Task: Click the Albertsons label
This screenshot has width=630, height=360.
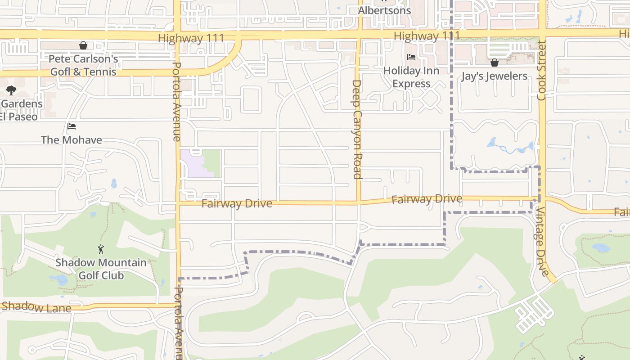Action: pos(384,10)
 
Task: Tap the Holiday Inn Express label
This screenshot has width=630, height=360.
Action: pos(411,77)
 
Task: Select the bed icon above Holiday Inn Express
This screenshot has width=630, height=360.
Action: pos(411,57)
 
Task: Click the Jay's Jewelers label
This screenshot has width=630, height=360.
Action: pos(494,76)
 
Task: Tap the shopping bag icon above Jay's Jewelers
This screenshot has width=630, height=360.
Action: pos(495,63)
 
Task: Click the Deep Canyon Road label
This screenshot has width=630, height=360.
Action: pos(357,129)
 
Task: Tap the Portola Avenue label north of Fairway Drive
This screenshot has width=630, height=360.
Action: pos(177,101)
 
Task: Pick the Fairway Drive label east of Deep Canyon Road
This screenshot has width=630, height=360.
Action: pos(427,199)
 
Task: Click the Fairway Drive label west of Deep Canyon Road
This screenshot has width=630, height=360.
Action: pos(237,204)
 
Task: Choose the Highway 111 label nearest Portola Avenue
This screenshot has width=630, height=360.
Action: pos(191,38)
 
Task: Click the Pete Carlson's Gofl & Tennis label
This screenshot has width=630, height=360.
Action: pos(83,65)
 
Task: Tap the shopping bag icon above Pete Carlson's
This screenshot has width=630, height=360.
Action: pos(83,45)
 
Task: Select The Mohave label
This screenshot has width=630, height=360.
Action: pos(72,140)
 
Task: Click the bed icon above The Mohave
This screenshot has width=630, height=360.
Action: pos(72,126)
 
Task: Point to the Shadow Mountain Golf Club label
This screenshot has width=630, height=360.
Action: pos(101,269)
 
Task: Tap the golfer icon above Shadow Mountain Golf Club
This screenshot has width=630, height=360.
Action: pos(101,249)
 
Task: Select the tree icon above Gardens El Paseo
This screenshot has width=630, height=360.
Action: pos(11,90)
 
